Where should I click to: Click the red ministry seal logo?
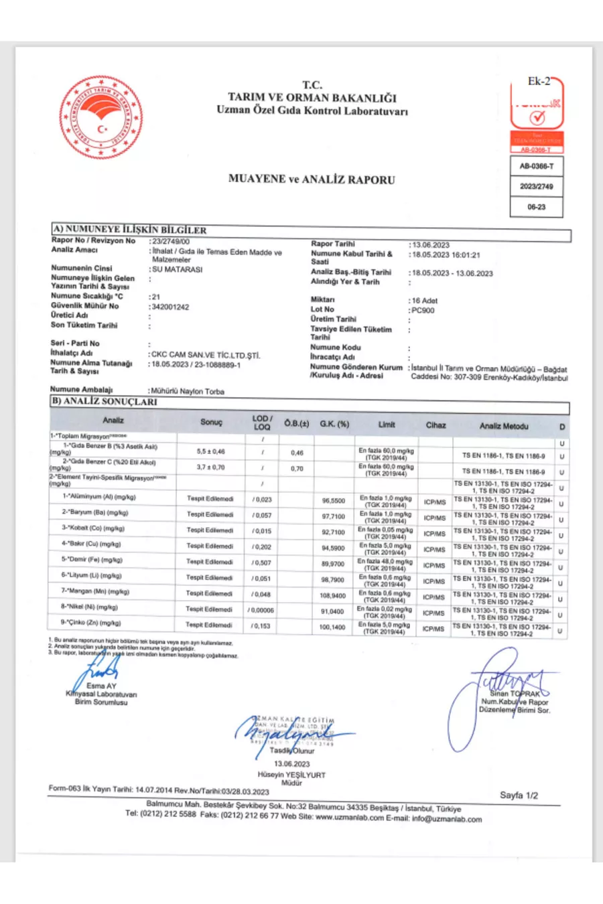[x=101, y=117]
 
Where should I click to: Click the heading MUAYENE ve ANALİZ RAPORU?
[x=312, y=179]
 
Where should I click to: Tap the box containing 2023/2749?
[x=536, y=186]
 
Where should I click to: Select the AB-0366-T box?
[x=536, y=165]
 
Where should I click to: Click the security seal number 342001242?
[x=171, y=307]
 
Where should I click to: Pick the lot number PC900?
[x=423, y=310]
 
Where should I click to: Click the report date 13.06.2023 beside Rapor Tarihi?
[x=431, y=245]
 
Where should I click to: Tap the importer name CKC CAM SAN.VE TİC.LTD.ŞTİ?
[x=206, y=355]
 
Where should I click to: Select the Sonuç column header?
[x=211, y=422]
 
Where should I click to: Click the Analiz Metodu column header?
[x=504, y=426]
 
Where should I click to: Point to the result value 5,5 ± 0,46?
[x=211, y=451]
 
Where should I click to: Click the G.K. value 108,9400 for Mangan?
[x=333, y=595]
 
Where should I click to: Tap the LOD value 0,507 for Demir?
[x=262, y=562]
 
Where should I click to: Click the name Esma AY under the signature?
[x=101, y=686]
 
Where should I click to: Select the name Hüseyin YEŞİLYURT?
[x=291, y=775]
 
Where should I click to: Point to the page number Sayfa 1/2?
[x=519, y=796]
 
